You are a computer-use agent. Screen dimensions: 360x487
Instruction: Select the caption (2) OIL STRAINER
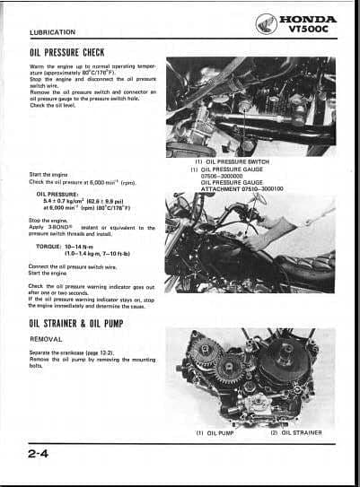pyautogui.click(x=296, y=433)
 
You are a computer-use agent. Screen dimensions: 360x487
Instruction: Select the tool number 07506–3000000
pyautogui.click(x=239, y=176)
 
